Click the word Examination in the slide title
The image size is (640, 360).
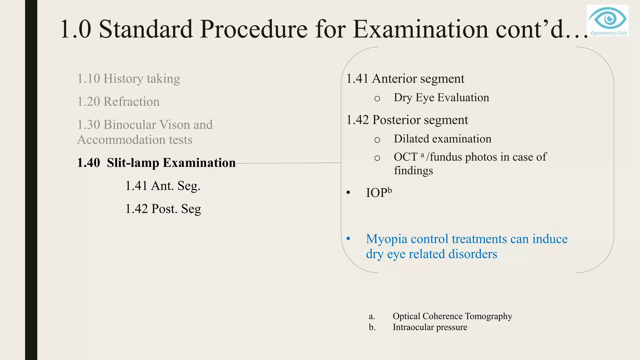point(421,29)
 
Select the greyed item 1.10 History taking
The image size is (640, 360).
point(128,79)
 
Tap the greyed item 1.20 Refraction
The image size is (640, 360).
point(118,102)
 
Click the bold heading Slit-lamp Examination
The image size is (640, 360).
point(171,163)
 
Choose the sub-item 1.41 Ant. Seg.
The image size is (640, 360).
point(162,186)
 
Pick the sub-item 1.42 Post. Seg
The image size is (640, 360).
point(163,209)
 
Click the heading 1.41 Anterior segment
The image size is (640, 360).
point(405,79)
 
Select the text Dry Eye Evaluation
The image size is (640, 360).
point(441,98)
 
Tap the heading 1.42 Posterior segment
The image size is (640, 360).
point(407,120)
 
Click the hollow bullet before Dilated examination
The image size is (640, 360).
point(377,140)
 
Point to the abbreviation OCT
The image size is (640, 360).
point(406,157)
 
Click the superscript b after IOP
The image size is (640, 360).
point(390,190)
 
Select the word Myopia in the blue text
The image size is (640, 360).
point(387,239)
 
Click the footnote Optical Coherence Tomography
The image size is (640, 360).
point(452,316)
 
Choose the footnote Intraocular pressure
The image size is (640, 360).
point(430,327)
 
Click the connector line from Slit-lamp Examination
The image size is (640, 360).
point(287,163)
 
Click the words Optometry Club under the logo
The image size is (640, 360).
point(608,33)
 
